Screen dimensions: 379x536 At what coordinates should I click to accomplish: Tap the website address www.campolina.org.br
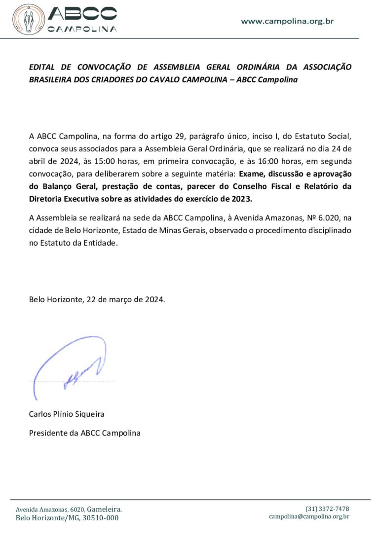coord(288,21)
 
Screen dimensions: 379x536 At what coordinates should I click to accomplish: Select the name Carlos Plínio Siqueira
coord(67,414)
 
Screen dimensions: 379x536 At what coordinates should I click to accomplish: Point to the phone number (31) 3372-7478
coord(327,508)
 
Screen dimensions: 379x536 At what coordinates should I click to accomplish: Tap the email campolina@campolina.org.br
coord(309,516)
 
